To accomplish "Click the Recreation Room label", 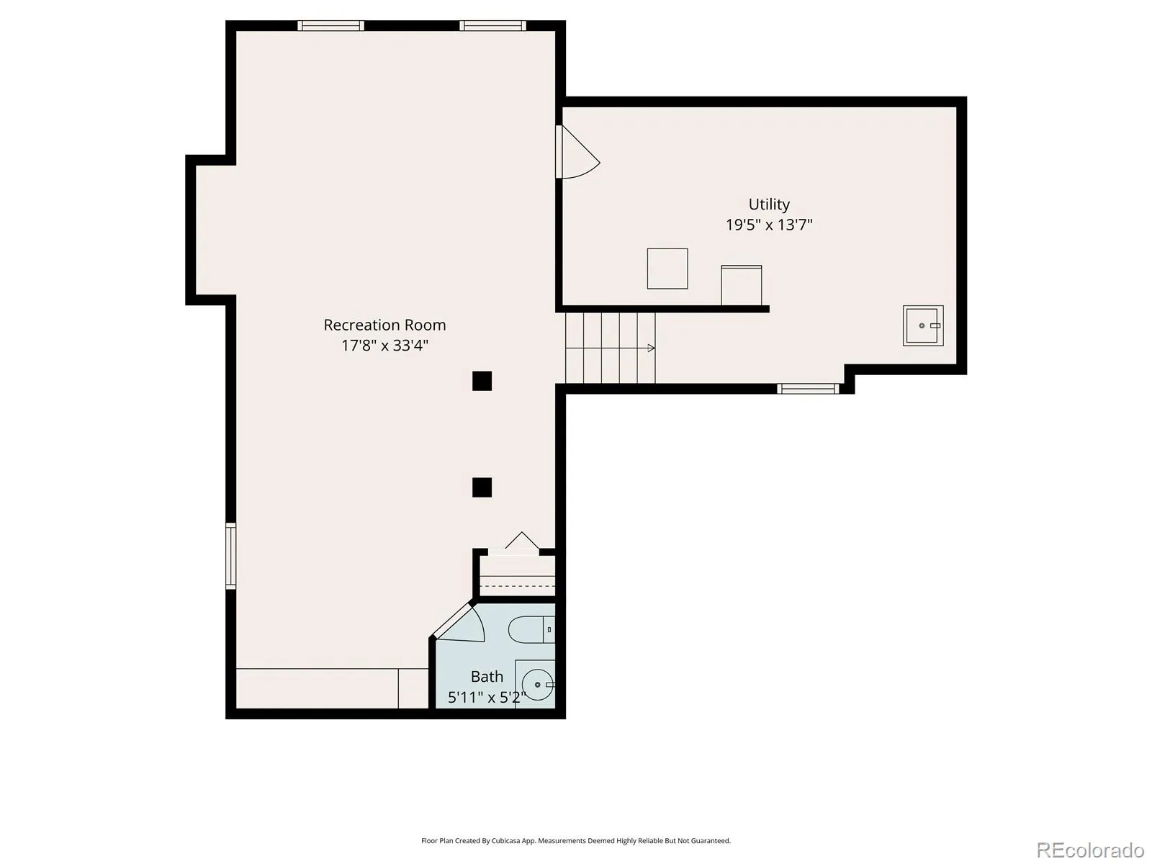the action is click(x=384, y=325).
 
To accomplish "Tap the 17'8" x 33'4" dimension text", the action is click(x=384, y=346).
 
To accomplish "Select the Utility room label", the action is click(x=769, y=204).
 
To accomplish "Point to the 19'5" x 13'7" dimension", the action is click(x=769, y=225).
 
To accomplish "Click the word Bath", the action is click(x=487, y=677).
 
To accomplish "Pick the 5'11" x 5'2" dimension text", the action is click(x=487, y=697).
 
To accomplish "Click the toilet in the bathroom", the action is click(x=531, y=629).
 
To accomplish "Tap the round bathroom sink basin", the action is click(x=537, y=685).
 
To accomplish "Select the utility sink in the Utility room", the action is click(x=922, y=325).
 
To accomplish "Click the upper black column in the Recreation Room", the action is click(x=482, y=382).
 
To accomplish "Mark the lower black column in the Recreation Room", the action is click(x=482, y=487).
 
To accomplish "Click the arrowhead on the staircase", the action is click(x=652, y=348).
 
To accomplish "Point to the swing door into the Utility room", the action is click(x=577, y=152).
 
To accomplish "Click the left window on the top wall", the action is click(x=330, y=26).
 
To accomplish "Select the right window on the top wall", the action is click(x=492, y=26).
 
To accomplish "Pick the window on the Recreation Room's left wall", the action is click(x=231, y=556).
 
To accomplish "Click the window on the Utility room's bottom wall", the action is click(x=809, y=389).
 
